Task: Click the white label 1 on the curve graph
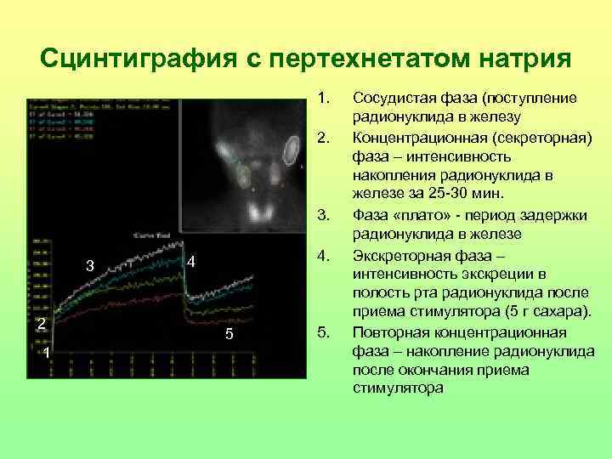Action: point(48,353)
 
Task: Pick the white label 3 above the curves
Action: point(89,267)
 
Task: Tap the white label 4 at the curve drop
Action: point(191,262)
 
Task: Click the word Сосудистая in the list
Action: point(394,99)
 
